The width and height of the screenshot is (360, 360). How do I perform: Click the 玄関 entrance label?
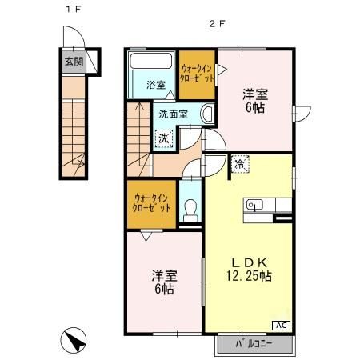coord(72,61)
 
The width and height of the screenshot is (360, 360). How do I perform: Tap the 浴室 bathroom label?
coord(155,85)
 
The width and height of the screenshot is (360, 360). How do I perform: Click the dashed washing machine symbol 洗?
coord(163,138)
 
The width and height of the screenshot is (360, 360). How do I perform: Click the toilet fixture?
coord(190,210)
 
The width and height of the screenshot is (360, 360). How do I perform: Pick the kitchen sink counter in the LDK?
coord(258,206)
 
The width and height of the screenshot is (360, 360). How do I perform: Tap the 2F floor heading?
coord(215,23)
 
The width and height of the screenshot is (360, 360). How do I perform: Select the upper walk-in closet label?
coord(197,74)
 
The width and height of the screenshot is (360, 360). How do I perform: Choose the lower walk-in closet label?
coord(150,204)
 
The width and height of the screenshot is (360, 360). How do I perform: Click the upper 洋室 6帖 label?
coord(255,99)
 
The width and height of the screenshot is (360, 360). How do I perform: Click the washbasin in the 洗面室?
coord(206,115)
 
